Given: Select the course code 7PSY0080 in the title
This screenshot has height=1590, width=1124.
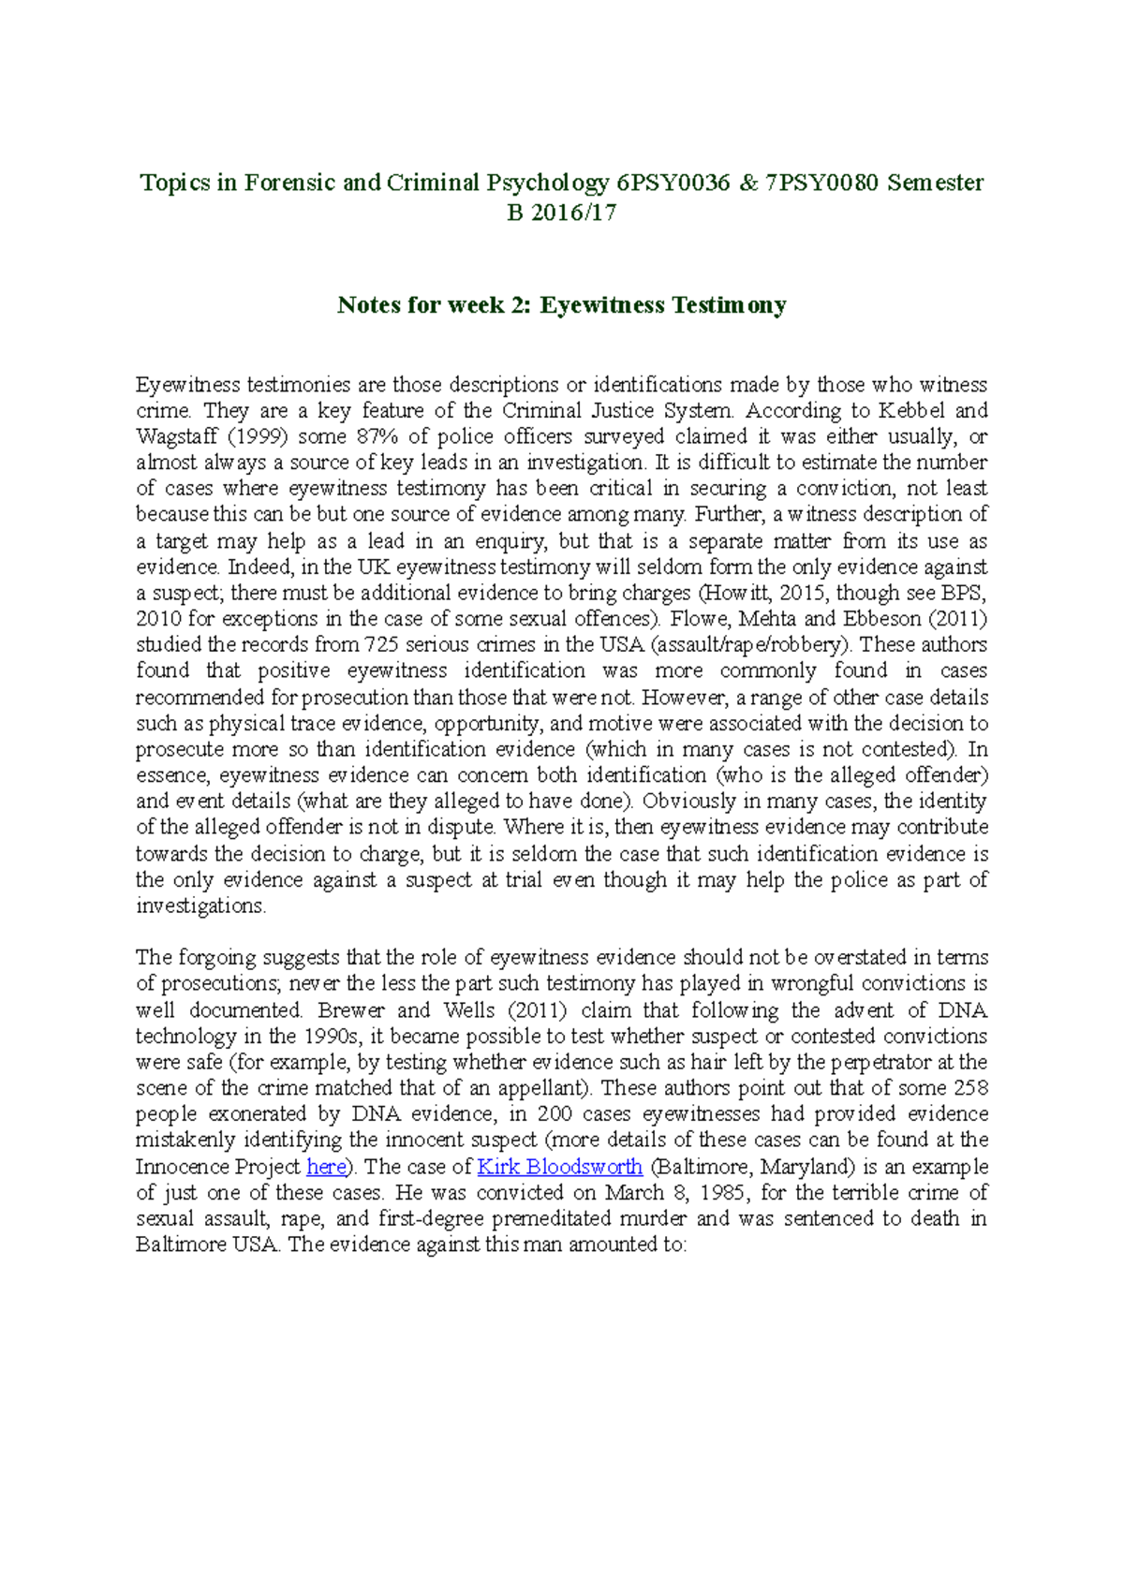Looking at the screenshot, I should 822,183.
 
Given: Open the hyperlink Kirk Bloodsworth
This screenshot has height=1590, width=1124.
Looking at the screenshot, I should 559,1167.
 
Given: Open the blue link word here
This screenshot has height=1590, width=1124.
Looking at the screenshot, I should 326,1167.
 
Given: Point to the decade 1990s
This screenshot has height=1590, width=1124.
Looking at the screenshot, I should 331,1037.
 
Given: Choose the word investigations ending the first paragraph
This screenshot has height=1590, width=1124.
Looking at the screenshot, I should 200,905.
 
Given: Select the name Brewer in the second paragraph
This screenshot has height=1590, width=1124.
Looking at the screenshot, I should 351,1010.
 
